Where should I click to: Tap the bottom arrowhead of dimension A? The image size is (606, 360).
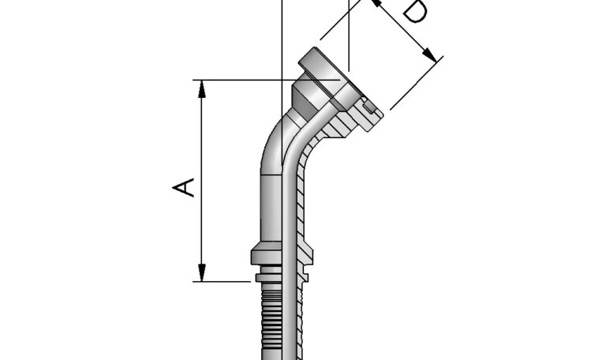pos(203,275)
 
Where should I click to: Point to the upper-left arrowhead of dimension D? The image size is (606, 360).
pos(376,3)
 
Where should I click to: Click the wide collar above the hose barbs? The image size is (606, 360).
pos(282,255)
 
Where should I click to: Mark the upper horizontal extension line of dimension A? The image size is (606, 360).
pos(237,80)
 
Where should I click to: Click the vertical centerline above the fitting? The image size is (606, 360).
pos(282,32)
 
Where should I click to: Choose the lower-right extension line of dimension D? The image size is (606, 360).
pos(414,83)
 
